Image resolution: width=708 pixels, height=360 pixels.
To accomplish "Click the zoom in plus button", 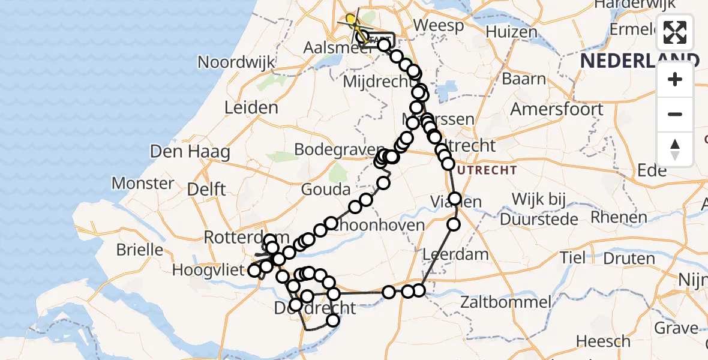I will pos(675,79).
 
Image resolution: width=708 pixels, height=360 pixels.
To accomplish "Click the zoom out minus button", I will pos(675,114).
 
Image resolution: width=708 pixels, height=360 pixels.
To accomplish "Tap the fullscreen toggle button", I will pos(675,33).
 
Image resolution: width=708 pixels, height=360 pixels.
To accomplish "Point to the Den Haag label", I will pos(190,151).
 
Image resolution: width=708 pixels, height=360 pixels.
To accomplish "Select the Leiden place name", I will pos(251,108).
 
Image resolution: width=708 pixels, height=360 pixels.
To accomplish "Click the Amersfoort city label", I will pos(557,109).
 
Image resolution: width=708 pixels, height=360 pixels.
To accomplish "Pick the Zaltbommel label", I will pos(505,302).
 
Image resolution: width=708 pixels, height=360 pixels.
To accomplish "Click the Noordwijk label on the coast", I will pos(236,62).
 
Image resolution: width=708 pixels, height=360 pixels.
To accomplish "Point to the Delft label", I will pos(206,190).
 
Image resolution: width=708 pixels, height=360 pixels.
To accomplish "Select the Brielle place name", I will pos(139,249).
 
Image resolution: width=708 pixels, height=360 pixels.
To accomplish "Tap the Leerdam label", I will pos(456,254).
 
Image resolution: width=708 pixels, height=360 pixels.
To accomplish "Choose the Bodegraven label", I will pos(338,150).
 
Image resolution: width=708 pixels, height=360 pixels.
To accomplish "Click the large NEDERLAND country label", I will pos(639,60).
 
